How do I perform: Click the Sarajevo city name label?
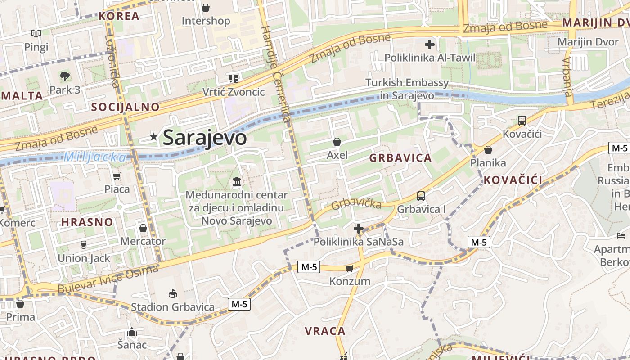pos(205,138)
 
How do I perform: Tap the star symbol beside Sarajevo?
pos(154,137)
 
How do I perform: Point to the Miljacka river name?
pos(95,157)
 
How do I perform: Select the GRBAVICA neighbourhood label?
pos(400,158)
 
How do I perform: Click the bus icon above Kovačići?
pos(522,121)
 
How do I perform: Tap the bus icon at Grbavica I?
pos(421,196)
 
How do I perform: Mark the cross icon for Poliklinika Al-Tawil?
pos(430,45)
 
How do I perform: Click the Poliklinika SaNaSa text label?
pos(359,242)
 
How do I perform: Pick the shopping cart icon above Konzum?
pos(349,268)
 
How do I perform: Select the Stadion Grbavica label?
pos(173,307)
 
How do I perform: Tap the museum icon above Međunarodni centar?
pos(237,182)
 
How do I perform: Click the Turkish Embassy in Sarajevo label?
pos(407,89)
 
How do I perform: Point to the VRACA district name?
pos(325,331)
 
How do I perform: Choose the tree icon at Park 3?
pos(65,76)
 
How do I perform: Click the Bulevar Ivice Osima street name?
pos(108,280)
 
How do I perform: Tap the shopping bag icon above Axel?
pos(337,142)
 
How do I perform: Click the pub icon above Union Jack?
pos(83,245)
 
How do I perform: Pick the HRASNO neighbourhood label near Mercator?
pos(87,222)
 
